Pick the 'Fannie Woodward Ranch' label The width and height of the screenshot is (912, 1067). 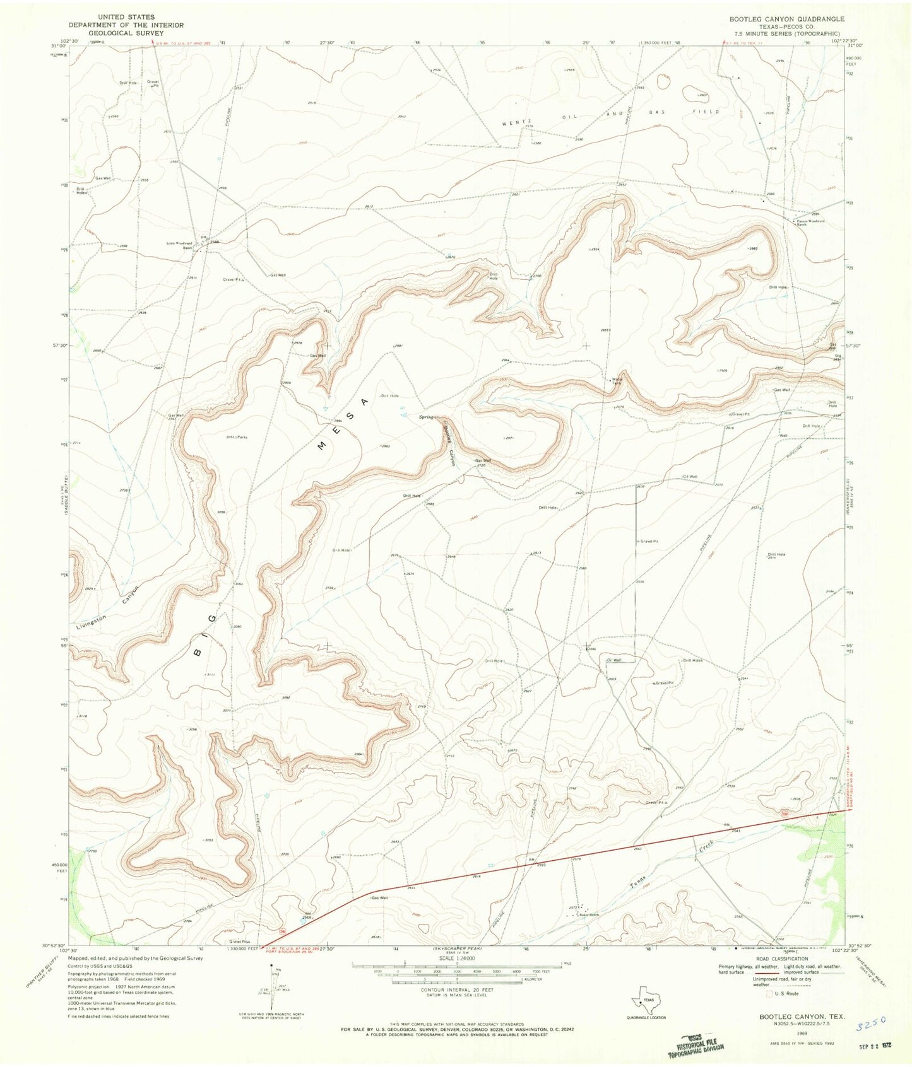click(810, 223)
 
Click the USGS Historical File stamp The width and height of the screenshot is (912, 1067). click(698, 1044)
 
